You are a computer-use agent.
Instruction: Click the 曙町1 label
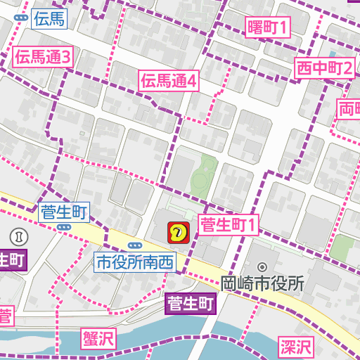[268, 27]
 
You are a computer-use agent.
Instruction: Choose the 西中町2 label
[323, 68]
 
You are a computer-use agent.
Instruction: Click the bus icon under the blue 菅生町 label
[64, 227]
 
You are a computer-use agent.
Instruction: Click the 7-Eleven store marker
[178, 231]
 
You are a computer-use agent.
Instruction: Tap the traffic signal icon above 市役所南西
[134, 244]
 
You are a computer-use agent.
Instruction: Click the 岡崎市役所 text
[262, 284]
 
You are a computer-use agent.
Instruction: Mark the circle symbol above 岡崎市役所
[262, 267]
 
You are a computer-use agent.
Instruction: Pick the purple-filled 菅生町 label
[191, 304]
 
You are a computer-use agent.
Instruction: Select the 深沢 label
[296, 346]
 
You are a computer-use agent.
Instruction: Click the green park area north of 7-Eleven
[205, 172]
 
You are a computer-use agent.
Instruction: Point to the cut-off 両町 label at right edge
[349, 110]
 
